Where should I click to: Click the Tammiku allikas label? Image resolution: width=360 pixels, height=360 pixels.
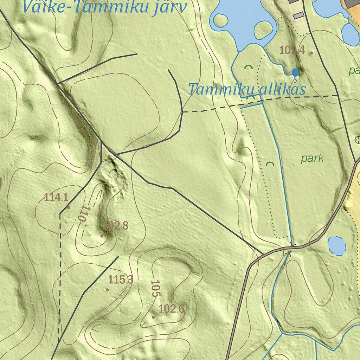(x=246, y=89)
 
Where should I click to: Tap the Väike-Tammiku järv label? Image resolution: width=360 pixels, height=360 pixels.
(x=104, y=7)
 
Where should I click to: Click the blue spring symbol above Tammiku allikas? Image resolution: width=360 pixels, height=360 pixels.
(x=295, y=72)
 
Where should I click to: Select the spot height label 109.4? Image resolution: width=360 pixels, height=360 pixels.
(x=291, y=50)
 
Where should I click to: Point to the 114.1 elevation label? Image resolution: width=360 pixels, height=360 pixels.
(x=56, y=197)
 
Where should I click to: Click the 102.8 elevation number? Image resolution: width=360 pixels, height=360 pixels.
(x=116, y=226)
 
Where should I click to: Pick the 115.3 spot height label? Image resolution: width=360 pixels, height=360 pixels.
(x=121, y=280)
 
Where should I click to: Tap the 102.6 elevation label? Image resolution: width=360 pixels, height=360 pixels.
(x=171, y=309)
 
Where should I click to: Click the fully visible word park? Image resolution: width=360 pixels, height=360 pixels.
(x=312, y=158)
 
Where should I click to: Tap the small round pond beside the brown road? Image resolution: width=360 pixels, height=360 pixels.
(x=336, y=246)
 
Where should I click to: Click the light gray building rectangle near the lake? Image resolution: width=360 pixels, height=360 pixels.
(x=298, y=15)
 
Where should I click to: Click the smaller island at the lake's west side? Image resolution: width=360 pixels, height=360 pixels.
(x=221, y=20)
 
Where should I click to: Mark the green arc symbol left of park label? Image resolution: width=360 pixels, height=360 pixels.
(x=270, y=163)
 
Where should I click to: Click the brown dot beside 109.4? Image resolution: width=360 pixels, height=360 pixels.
(x=311, y=53)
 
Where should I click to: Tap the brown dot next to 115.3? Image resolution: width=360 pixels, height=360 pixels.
(x=107, y=290)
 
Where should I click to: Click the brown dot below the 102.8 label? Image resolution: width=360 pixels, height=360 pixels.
(x=102, y=236)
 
